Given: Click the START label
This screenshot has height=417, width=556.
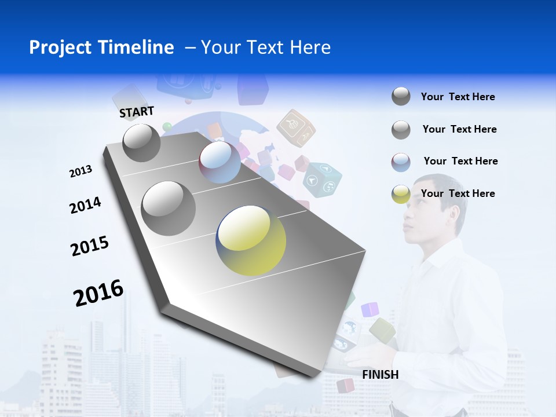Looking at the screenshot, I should point(137,111).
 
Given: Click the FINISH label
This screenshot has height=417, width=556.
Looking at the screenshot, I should point(380,375).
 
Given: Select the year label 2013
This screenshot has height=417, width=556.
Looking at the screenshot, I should point(81,171).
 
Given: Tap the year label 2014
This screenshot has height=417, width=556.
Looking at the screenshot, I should point(85,206).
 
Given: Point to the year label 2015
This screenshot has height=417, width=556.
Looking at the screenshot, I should point(90,246).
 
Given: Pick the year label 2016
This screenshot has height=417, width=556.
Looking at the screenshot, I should point(98,293).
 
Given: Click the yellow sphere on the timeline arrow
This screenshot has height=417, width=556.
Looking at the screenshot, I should point(251,240).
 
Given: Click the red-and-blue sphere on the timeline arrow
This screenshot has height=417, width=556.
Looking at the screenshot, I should point(220,162).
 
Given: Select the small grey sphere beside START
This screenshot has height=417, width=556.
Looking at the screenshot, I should point(141,142).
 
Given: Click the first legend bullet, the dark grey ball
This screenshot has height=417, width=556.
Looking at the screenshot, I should point(401,96).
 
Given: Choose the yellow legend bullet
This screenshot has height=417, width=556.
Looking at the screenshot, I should point(401,194).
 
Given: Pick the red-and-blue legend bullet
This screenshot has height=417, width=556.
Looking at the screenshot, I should point(401,162).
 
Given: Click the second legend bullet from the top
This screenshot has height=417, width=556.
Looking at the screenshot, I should point(401,130).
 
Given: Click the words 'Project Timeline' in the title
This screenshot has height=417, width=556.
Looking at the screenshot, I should point(101,47).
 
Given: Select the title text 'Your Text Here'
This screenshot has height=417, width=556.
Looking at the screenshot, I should point(265,47).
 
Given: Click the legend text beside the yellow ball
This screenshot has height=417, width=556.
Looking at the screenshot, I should point(458,193).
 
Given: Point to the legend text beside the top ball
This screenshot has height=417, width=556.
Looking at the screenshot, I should point(458,97).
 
